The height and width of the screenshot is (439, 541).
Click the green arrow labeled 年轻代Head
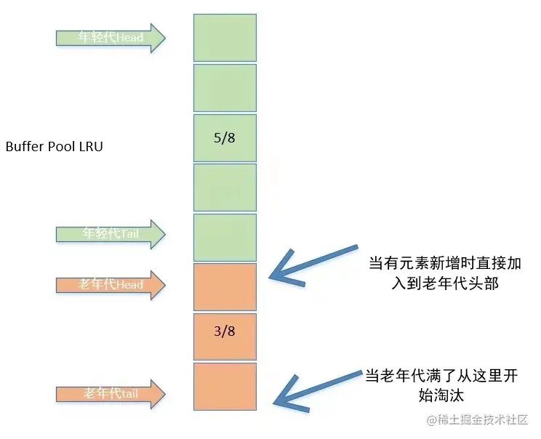click(111, 37)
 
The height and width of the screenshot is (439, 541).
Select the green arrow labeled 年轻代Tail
click(111, 233)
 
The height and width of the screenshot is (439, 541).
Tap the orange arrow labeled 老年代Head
click(111, 284)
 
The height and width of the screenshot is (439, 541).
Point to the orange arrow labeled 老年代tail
click(111, 394)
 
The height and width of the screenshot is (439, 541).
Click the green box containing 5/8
click(225, 137)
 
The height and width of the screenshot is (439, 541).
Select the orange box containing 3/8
click(225, 337)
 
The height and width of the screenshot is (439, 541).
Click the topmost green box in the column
click(225, 38)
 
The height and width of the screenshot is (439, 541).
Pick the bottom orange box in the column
click(225, 386)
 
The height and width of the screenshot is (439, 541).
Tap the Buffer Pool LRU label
click(55, 146)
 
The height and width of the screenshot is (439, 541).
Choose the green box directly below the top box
click(225, 88)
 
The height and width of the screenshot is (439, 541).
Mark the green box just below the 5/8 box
click(225, 188)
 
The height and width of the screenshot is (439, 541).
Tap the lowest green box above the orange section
click(225, 237)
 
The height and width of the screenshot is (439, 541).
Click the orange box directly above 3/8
click(225, 287)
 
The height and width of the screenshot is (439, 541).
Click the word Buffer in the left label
click(23, 146)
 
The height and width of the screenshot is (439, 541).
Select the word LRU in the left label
click(90, 146)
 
